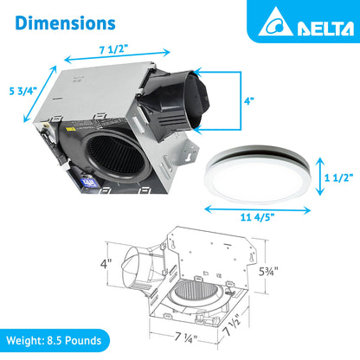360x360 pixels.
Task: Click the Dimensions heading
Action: (x=65, y=21)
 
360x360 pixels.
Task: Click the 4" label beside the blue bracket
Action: (x=248, y=101)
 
